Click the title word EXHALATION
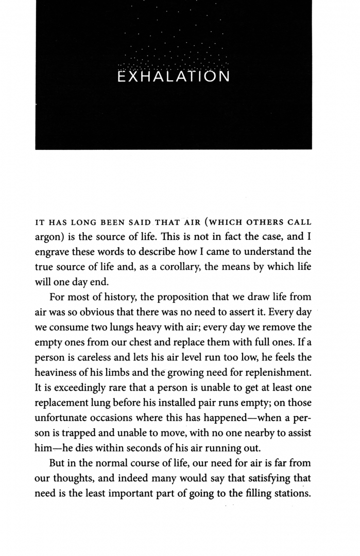pyautogui.click(x=174, y=77)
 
